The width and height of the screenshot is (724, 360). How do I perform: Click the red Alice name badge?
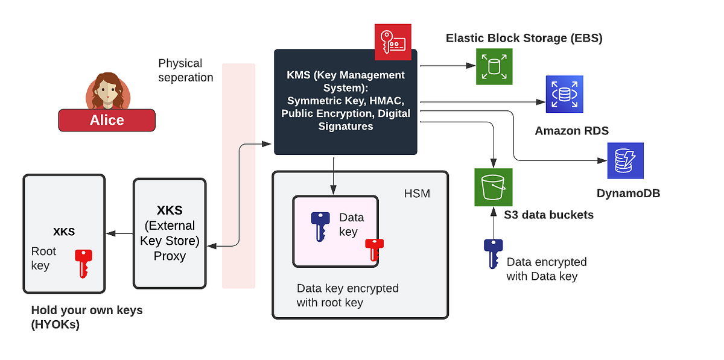point(107,120)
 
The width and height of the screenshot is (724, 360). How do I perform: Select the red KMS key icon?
point(393,42)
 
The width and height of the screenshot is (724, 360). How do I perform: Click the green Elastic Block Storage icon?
point(494,66)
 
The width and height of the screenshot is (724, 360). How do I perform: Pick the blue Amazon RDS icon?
point(565,94)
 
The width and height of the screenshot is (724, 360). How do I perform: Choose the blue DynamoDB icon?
point(626,161)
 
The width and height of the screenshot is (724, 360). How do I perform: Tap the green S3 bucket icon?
point(494,187)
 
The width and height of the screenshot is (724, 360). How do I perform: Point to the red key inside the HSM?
point(374,250)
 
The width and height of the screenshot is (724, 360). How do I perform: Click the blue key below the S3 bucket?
point(493,253)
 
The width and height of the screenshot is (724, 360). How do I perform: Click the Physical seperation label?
point(185,71)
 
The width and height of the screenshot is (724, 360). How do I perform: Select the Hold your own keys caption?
point(87,317)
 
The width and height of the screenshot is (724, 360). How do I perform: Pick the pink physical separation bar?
point(238,175)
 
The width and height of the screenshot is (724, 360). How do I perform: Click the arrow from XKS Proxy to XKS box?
point(119,234)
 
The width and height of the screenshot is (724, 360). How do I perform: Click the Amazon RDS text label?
point(571,131)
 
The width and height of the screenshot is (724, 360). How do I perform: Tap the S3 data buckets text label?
point(548,215)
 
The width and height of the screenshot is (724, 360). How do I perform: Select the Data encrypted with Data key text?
point(546,269)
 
